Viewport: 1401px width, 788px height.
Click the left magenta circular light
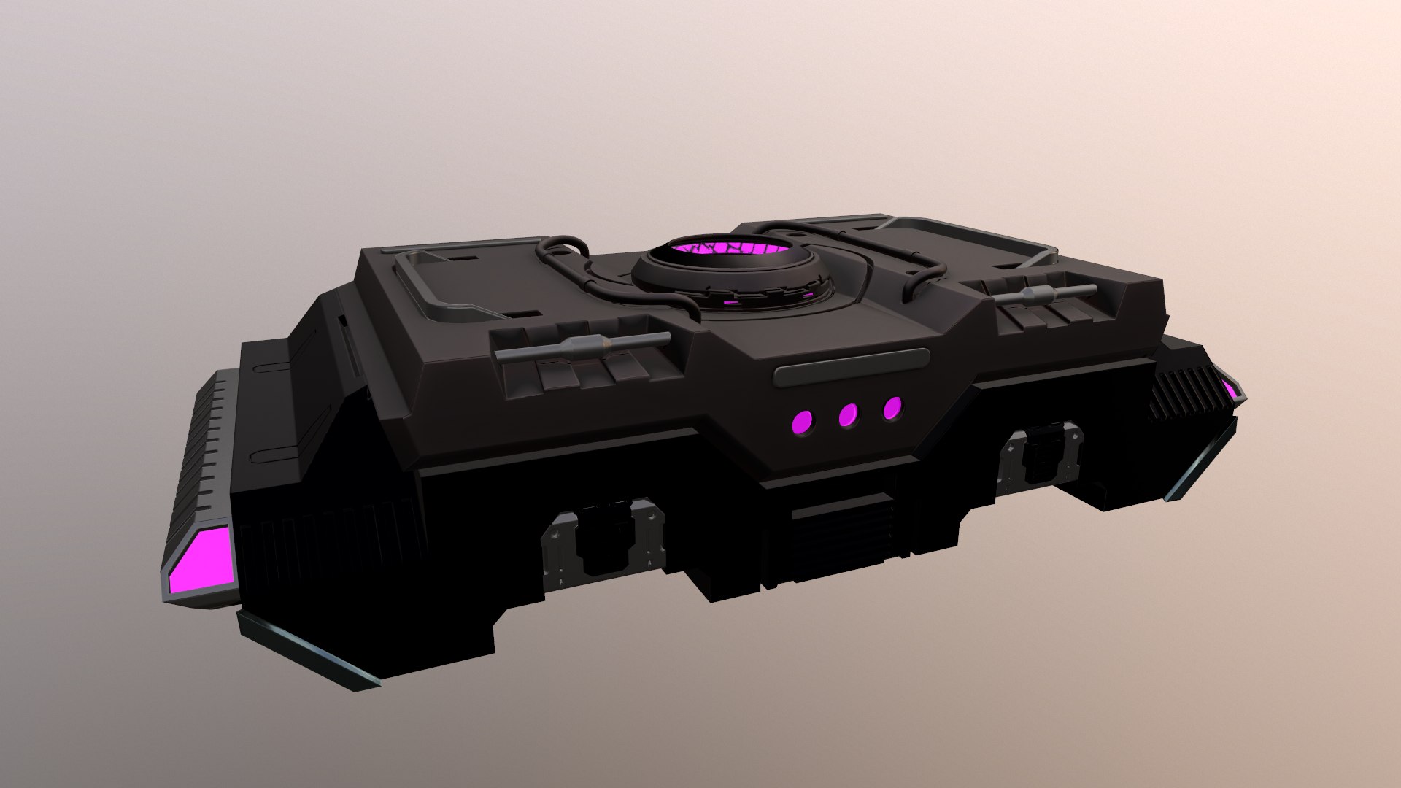click(x=802, y=422)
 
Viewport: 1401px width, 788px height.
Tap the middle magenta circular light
click(x=848, y=415)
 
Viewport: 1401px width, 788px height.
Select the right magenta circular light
click(x=892, y=409)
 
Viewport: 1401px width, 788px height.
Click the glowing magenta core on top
click(x=730, y=251)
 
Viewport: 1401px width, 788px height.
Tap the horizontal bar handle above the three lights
click(x=851, y=366)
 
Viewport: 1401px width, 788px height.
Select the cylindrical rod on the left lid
click(x=582, y=346)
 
